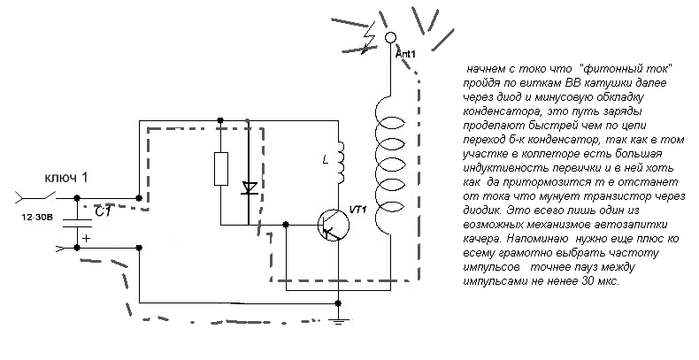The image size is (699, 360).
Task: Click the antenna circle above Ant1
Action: [x=389, y=38]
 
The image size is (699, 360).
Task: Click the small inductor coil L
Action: [x=336, y=158]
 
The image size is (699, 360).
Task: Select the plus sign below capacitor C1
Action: [x=87, y=237]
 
